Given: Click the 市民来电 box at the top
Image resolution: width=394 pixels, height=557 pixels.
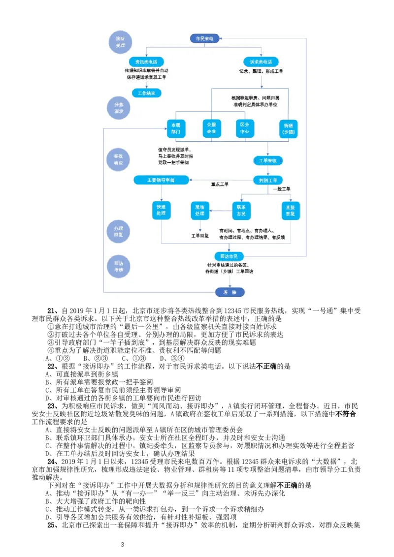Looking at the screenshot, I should [x=205, y=38].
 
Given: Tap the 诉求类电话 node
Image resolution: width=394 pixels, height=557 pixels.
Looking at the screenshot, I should [x=261, y=62].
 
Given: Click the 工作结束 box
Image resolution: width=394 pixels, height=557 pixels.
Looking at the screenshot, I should [x=146, y=93].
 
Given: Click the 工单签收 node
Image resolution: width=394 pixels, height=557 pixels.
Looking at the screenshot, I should [x=268, y=160].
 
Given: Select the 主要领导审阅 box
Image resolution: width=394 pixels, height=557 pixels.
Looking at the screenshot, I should [x=161, y=180].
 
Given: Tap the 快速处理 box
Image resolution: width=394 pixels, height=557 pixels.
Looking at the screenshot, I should [x=161, y=210].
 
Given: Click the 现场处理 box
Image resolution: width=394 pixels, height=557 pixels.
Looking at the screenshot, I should [x=199, y=210].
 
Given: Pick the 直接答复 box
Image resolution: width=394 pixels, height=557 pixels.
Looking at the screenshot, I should [x=291, y=210].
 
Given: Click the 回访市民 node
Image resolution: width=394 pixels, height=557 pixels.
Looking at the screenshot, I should [x=229, y=256].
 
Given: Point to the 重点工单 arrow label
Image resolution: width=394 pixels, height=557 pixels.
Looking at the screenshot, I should [x=220, y=185].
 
